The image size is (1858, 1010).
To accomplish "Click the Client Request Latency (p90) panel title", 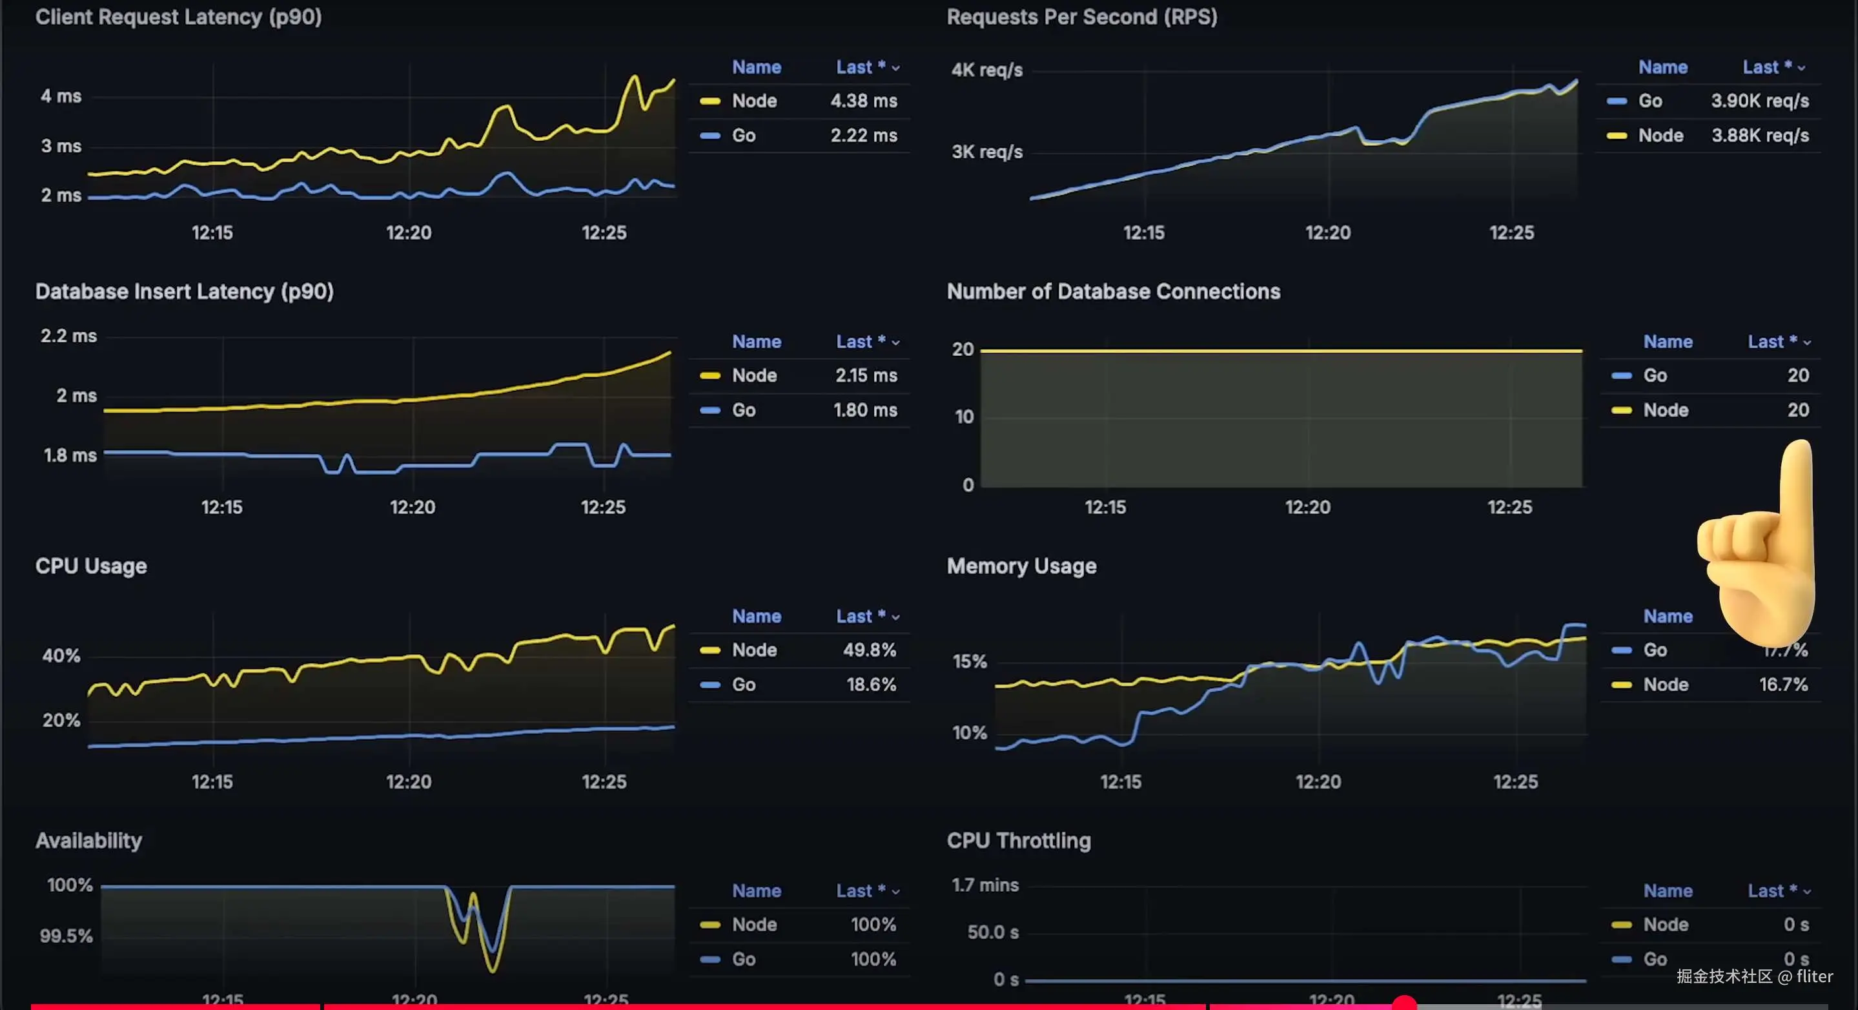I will (178, 17).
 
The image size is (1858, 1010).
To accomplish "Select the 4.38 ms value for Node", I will (863, 101).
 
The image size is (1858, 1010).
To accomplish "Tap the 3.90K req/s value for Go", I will (1759, 101).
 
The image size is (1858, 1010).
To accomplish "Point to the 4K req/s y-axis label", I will (986, 70).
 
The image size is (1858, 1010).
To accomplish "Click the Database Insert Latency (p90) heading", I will (184, 291).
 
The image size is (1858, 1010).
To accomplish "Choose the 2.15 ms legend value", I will (866, 375).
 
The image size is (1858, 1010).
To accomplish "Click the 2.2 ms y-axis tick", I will (68, 336).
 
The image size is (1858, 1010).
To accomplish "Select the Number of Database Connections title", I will (1113, 291).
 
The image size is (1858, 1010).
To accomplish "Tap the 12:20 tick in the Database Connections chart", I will (1307, 507).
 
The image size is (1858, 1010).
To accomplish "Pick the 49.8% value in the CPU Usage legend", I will (869, 650).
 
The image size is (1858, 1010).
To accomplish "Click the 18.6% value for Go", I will (871, 685).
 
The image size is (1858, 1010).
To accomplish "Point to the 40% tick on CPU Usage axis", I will (61, 655).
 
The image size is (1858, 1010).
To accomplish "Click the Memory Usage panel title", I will (1021, 566).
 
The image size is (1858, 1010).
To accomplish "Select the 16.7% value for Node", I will (1783, 685).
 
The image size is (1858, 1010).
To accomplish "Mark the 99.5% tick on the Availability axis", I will (66, 936).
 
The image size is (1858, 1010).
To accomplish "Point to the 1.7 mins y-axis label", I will (985, 885).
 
